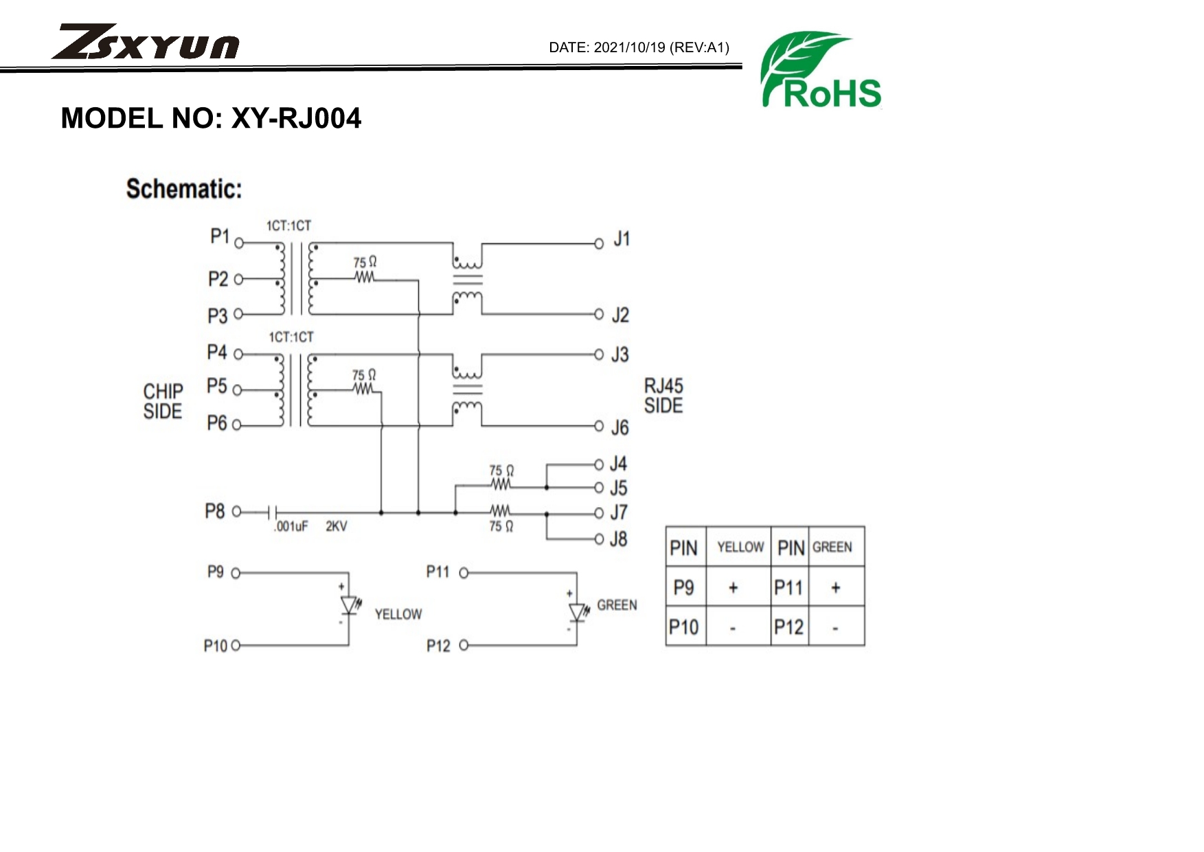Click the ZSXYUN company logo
[x=145, y=43]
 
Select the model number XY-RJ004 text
[x=296, y=118]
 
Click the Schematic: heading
[x=184, y=189]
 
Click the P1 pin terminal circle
[x=239, y=243]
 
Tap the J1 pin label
[x=621, y=239]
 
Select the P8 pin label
[x=214, y=511]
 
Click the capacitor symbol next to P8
[x=273, y=512]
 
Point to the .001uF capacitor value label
[x=291, y=526]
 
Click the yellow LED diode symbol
[x=350, y=605]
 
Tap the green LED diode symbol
[x=578, y=612]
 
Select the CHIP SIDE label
[x=163, y=401]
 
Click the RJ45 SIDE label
[x=663, y=396]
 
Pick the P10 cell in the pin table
[x=684, y=627]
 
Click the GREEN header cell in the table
[x=832, y=547]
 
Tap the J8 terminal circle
[x=599, y=539]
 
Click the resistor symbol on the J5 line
[x=501, y=485]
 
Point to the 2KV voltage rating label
[x=336, y=526]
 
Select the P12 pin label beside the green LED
[x=438, y=646]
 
